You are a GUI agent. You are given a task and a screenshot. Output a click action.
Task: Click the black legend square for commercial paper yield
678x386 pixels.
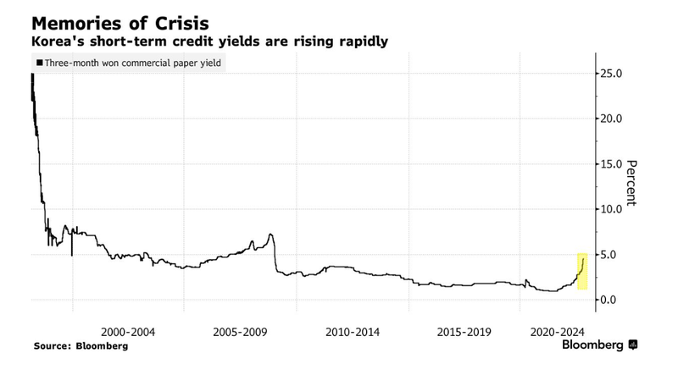pyautogui.click(x=39, y=63)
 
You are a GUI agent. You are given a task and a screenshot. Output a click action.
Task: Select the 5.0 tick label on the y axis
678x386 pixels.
pyautogui.click(x=610, y=255)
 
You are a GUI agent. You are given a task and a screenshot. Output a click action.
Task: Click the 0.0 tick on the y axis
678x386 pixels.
pyautogui.click(x=610, y=300)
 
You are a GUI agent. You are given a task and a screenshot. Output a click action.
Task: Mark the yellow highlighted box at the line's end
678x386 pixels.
pyautogui.click(x=582, y=271)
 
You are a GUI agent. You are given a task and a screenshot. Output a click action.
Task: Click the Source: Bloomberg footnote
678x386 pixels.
pyautogui.click(x=81, y=346)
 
